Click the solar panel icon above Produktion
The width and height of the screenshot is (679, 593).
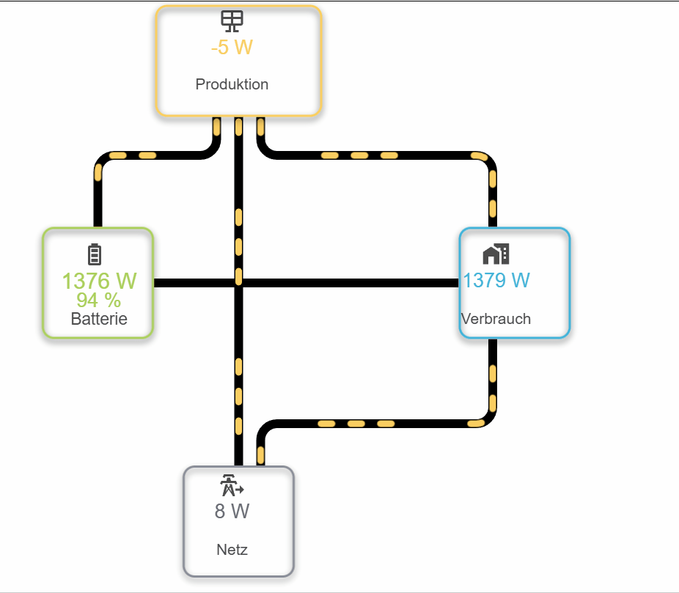click(x=232, y=21)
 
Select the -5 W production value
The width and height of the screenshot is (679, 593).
click(x=232, y=47)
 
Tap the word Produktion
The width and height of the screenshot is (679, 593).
click(x=232, y=84)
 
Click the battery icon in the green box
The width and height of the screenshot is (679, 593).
click(x=95, y=254)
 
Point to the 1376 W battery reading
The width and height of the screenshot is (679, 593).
click(x=99, y=281)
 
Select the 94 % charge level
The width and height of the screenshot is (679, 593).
click(x=99, y=300)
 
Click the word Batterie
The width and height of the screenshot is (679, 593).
click(x=99, y=319)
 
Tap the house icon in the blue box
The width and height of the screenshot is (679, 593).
click(x=496, y=254)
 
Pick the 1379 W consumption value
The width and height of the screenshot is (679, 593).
click(x=496, y=280)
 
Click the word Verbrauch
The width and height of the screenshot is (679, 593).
click(x=496, y=319)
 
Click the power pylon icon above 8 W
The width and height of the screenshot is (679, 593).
click(x=232, y=485)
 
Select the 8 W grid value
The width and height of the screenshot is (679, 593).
click(x=232, y=511)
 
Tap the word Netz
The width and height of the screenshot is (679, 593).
click(x=232, y=550)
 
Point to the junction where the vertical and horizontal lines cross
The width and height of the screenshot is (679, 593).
click(x=238, y=283)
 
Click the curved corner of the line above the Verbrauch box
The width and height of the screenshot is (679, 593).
click(x=487, y=161)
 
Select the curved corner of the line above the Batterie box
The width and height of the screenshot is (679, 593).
click(x=103, y=161)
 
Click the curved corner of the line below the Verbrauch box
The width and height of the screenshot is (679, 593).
click(x=487, y=418)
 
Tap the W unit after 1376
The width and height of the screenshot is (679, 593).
click(x=126, y=281)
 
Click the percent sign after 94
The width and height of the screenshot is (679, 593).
click(x=113, y=300)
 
